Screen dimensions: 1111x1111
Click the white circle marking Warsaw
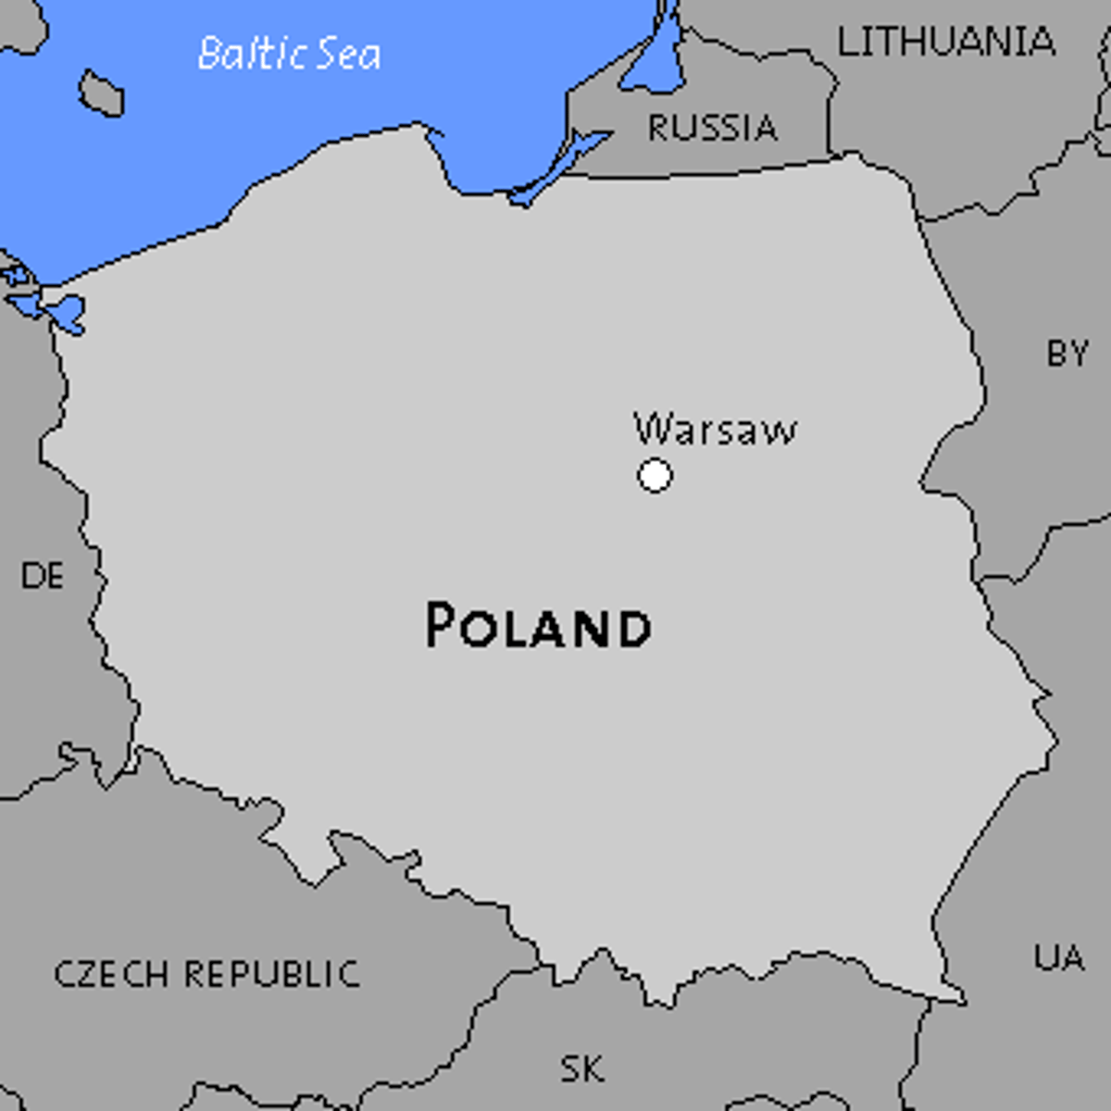click(x=655, y=476)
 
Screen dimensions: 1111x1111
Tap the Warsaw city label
click(x=715, y=430)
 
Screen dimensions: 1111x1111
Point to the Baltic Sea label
click(x=289, y=54)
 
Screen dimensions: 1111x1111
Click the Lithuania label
click(x=945, y=42)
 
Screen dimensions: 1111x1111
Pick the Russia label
click(x=712, y=128)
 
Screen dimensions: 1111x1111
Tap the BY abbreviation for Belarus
click(x=1067, y=353)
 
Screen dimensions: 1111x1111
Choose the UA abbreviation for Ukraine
click(x=1059, y=956)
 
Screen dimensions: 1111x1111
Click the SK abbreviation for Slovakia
click(x=582, y=1069)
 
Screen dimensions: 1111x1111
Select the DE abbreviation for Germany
click(x=43, y=576)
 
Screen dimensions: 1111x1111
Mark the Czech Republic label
click(x=206, y=974)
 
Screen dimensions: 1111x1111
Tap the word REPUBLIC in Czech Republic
click(x=271, y=974)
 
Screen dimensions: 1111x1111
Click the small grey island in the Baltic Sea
click(x=101, y=94)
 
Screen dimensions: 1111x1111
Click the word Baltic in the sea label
click(x=251, y=53)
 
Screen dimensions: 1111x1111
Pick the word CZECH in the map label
click(x=111, y=974)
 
